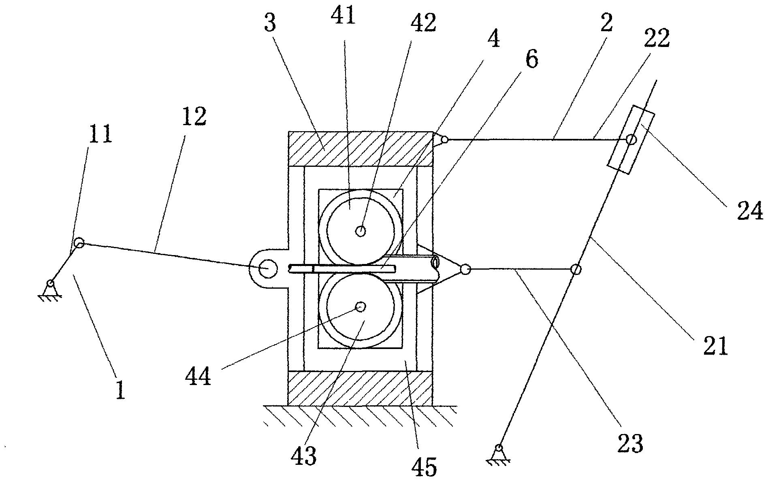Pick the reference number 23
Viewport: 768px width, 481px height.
click(x=630, y=443)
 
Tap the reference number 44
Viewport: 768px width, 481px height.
click(x=198, y=377)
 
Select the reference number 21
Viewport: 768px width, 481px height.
click(x=715, y=346)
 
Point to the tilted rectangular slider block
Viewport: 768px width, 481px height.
click(x=631, y=140)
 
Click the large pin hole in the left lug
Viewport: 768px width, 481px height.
click(x=267, y=268)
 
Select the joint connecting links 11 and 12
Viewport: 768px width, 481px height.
click(x=79, y=243)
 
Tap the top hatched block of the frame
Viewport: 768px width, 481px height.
click(x=360, y=149)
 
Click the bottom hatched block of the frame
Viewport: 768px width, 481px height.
click(x=360, y=387)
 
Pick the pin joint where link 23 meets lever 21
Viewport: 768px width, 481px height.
click(x=575, y=269)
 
